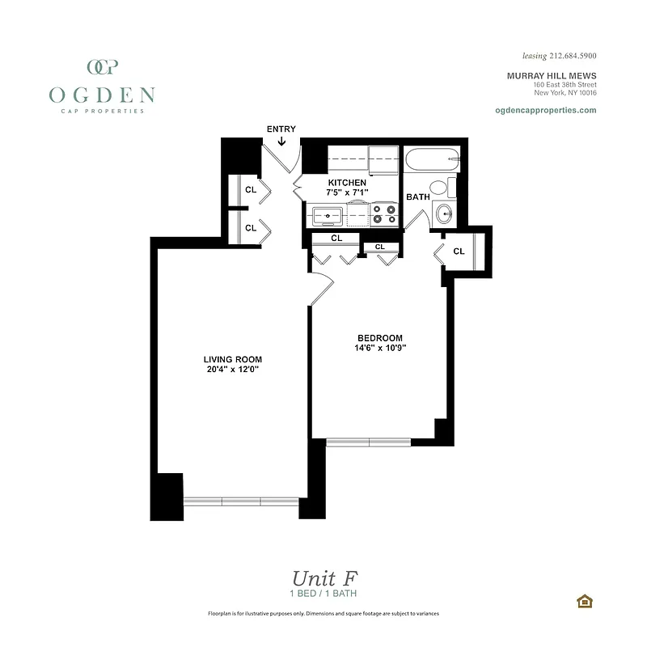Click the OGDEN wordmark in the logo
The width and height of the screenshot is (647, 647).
click(101, 95)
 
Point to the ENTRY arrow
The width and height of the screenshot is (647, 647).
click(281, 142)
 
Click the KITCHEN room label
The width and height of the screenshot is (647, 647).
click(346, 183)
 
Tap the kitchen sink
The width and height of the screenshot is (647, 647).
click(327, 216)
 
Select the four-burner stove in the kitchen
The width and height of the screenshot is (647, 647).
click(384, 214)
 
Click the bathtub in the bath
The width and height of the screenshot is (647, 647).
click(432, 160)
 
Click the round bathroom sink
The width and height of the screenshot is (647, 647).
click(444, 214)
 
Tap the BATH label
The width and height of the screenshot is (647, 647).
click(417, 197)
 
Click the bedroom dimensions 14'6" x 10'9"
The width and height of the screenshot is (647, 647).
click(379, 348)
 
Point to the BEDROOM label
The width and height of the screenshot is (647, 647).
click(379, 337)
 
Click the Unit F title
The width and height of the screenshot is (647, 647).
click(323, 578)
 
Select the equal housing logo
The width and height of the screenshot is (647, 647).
click(583, 601)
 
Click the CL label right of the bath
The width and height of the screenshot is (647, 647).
click(459, 252)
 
